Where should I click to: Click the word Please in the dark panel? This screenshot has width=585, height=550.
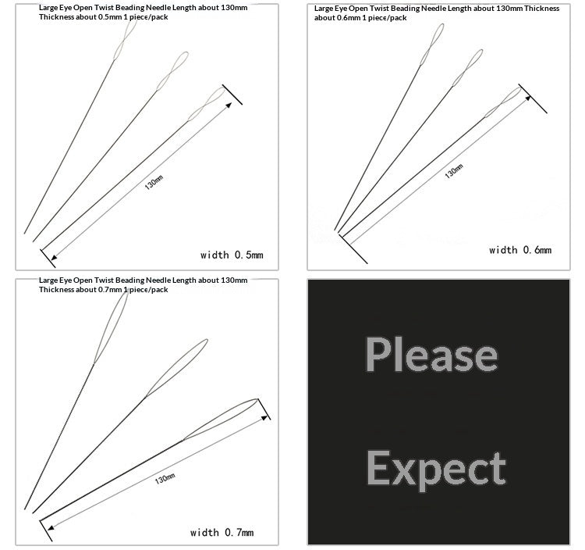tap(431, 354)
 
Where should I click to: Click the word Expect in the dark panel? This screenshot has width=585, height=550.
tap(436, 470)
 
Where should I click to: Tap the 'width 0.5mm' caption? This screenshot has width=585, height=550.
tap(232, 255)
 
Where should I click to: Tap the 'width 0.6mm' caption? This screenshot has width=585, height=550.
tap(520, 250)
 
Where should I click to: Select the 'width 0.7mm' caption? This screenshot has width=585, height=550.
tap(222, 533)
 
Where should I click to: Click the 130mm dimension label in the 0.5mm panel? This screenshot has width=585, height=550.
tap(154, 182)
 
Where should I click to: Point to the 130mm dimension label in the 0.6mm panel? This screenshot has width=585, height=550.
tap(454, 171)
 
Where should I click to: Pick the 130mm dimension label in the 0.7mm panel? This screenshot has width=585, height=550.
tap(165, 479)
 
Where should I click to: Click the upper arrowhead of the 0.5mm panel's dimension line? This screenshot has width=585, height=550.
tap(229, 105)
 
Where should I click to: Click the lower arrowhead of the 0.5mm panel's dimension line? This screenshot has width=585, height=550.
tap(54, 258)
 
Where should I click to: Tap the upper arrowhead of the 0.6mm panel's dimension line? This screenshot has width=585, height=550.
tap(528, 98)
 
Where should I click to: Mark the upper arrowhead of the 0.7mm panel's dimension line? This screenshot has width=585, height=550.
tap(265, 417)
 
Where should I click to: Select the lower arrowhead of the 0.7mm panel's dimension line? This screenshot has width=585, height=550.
tap(51, 527)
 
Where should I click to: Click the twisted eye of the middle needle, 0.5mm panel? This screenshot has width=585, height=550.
tap(172, 71)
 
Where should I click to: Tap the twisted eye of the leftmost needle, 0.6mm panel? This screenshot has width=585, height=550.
tap(432, 45)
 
